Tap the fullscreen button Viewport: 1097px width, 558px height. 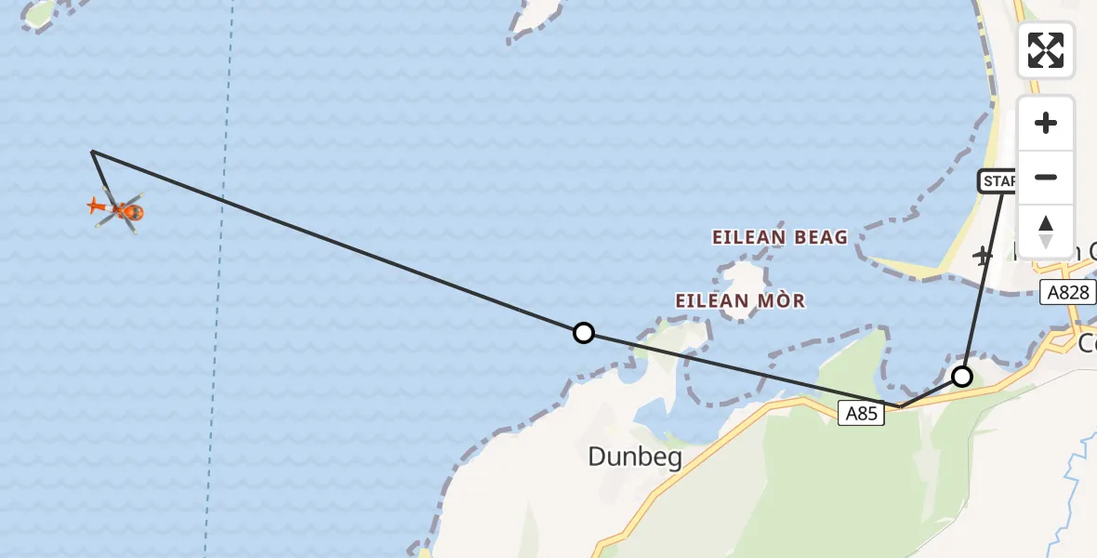click(x=1046, y=49)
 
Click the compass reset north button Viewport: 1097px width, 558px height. click(x=1046, y=232)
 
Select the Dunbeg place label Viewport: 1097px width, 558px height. click(x=635, y=457)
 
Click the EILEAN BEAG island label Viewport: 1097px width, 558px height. click(x=780, y=238)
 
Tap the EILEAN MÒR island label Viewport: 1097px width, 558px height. click(x=740, y=301)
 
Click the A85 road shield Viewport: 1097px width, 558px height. click(x=861, y=413)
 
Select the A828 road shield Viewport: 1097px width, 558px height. click(x=1068, y=292)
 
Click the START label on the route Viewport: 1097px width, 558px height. click(x=998, y=181)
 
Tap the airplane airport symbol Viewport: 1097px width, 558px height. click(x=984, y=255)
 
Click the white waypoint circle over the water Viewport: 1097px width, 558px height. click(x=583, y=333)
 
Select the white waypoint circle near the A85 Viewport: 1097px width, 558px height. click(x=962, y=377)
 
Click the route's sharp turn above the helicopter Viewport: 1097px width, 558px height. click(x=92, y=151)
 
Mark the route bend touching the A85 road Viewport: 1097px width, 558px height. click(x=899, y=406)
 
